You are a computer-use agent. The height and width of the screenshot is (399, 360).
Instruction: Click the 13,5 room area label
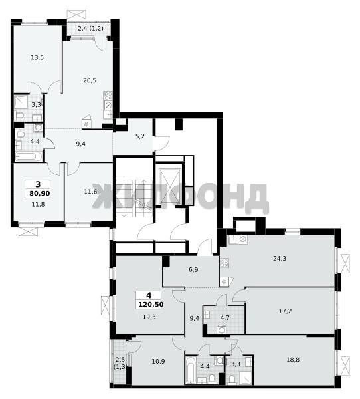point(37,57)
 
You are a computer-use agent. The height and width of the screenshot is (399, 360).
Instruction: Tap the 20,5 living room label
point(90,80)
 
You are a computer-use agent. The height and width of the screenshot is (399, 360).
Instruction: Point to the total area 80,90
point(40,194)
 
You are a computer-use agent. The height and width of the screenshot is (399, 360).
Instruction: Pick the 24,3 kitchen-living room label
point(280,259)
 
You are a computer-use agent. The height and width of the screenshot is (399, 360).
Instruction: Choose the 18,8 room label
point(293,360)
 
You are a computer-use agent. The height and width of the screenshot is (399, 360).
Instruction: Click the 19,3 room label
point(149,317)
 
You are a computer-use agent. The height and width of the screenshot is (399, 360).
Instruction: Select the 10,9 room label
point(158,361)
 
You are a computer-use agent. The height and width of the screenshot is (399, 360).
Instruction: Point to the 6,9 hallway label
point(193,270)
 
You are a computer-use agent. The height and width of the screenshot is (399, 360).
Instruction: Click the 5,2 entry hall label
point(140,136)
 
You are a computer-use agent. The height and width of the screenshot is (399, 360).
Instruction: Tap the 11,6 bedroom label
point(90,192)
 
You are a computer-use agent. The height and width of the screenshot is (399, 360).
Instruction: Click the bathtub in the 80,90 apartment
point(28,156)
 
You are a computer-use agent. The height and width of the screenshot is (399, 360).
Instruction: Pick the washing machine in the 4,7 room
point(222,330)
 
